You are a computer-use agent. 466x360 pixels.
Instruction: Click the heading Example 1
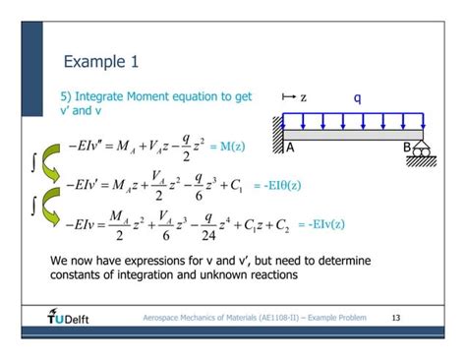pyautogui.click(x=100, y=63)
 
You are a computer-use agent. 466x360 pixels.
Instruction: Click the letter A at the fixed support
pyautogui.click(x=291, y=148)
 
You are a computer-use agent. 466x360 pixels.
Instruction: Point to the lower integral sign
pyautogui.click(x=32, y=204)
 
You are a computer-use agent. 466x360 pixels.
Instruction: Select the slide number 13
pyautogui.click(x=396, y=318)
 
